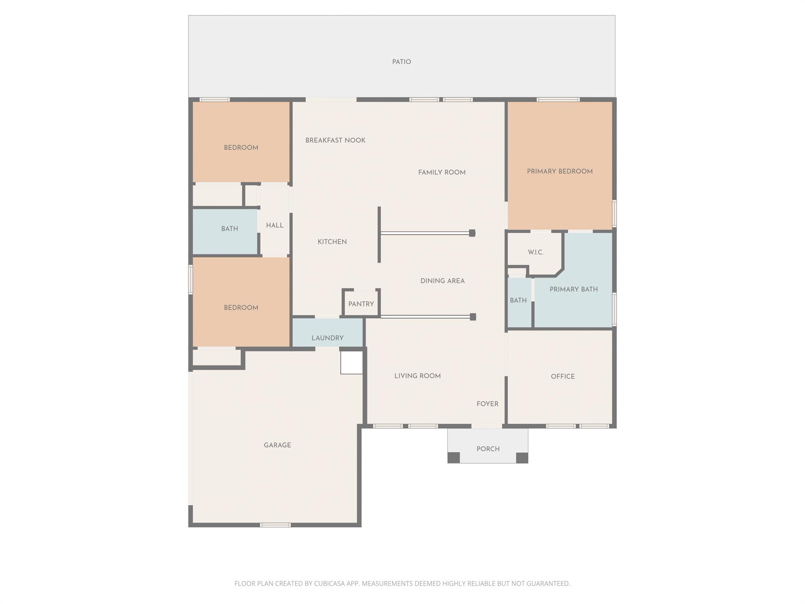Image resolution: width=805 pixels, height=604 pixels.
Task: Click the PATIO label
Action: click(x=401, y=62)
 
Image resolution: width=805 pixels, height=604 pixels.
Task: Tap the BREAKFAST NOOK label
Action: click(x=335, y=140)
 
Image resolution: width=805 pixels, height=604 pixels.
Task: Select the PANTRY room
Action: click(x=361, y=304)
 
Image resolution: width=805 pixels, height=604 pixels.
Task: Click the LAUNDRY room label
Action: click(x=327, y=338)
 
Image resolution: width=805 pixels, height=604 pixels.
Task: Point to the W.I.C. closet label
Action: click(x=535, y=252)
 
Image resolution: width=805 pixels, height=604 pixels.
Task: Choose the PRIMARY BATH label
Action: click(x=573, y=289)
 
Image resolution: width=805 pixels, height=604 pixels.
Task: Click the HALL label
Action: click(x=274, y=225)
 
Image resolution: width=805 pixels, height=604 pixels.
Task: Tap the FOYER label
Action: click(x=487, y=404)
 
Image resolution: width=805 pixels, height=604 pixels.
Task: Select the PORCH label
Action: click(x=488, y=449)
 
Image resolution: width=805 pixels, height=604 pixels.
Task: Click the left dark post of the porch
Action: click(x=454, y=457)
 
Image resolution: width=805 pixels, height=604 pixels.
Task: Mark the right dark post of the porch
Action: click(x=522, y=457)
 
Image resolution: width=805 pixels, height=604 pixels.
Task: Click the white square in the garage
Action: click(x=351, y=362)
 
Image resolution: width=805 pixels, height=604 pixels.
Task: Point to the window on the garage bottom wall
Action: click(x=275, y=525)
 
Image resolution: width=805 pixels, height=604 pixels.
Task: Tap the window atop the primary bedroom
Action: click(x=558, y=99)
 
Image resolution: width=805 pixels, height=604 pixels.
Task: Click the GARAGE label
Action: click(x=277, y=445)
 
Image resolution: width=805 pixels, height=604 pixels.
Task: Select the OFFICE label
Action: click(x=562, y=376)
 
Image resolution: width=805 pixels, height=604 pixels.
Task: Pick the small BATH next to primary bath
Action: click(x=518, y=300)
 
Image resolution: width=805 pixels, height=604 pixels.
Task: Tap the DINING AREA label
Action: click(x=442, y=281)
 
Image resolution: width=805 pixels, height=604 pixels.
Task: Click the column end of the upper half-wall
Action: click(x=472, y=233)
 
